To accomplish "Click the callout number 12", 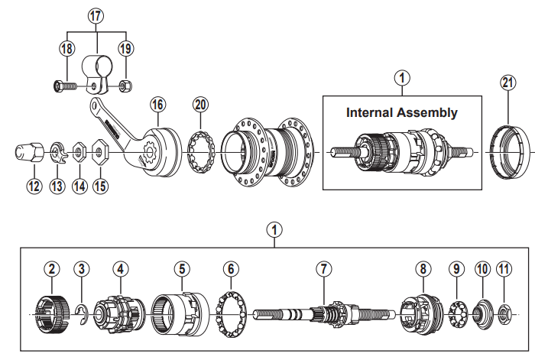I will pyautogui.click(x=33, y=185).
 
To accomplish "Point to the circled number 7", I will pyautogui.click(x=324, y=269).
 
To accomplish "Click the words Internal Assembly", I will pyautogui.click(x=402, y=112).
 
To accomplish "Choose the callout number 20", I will pyautogui.click(x=200, y=104).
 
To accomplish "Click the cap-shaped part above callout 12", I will pyautogui.click(x=28, y=151).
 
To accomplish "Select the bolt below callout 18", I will pyautogui.click(x=63, y=86).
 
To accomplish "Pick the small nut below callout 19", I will pyautogui.click(x=128, y=86).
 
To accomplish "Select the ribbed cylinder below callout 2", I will pyautogui.click(x=51, y=312).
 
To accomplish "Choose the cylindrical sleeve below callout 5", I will pyautogui.click(x=181, y=312).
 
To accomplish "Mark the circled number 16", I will pyautogui.click(x=158, y=103).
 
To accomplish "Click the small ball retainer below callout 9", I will pyautogui.click(x=456, y=312).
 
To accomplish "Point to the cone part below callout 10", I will pyautogui.click(x=481, y=312).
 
